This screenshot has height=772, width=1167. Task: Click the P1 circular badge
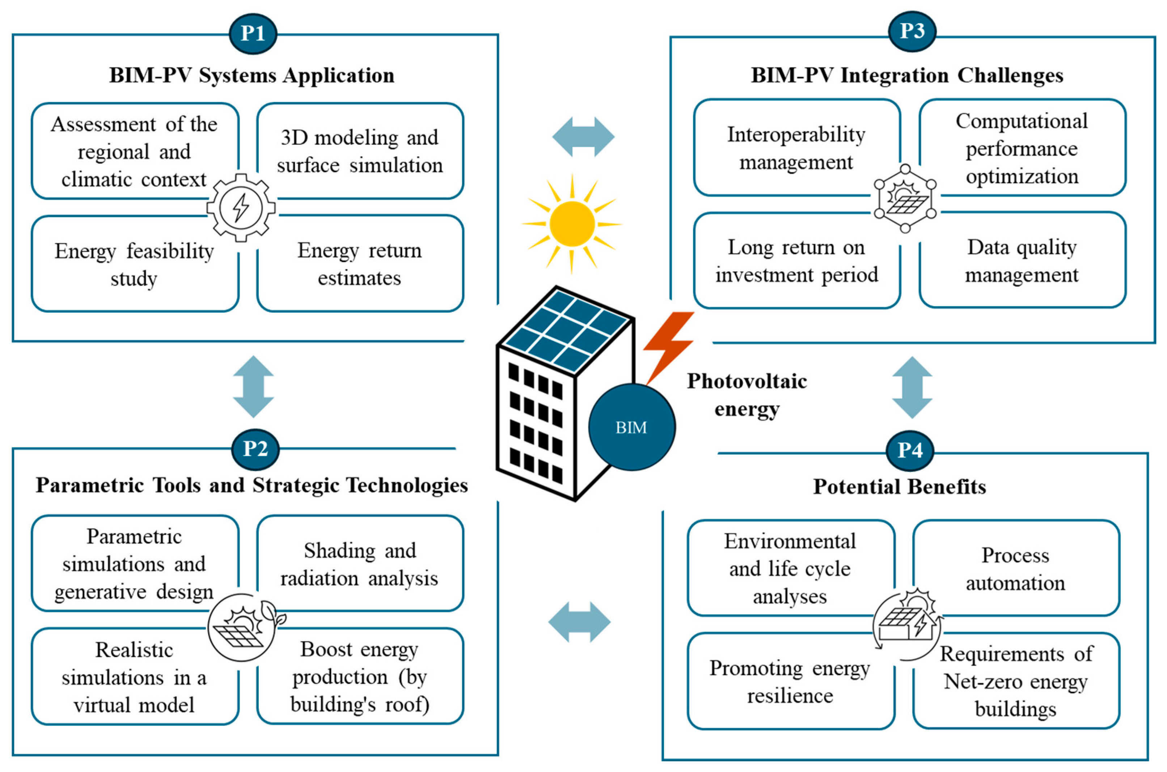tap(253, 34)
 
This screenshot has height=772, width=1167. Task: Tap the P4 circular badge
tap(909, 450)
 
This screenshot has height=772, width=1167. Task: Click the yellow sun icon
tap(572, 224)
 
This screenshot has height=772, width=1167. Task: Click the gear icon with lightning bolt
tap(241, 207)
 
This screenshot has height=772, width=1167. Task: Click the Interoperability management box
tap(796, 148)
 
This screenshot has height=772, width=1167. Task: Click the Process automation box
tap(1015, 568)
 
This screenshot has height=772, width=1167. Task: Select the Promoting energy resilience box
tap(790, 682)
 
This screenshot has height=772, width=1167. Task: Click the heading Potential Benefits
tap(899, 487)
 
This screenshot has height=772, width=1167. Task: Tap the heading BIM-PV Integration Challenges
tap(906, 75)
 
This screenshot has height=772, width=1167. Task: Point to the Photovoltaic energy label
tap(747, 394)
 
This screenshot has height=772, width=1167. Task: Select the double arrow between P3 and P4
tap(912, 387)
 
